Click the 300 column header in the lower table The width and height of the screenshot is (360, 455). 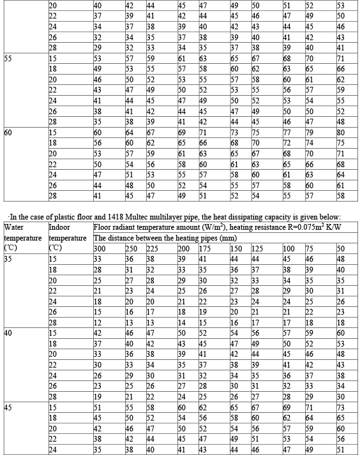[100, 248]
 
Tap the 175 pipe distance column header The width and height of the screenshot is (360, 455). [205, 248]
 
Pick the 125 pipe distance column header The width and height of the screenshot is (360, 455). [257, 248]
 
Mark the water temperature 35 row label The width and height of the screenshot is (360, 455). [9, 259]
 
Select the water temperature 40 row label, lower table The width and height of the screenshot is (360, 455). [9, 333]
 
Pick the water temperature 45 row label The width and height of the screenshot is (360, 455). [9, 407]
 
